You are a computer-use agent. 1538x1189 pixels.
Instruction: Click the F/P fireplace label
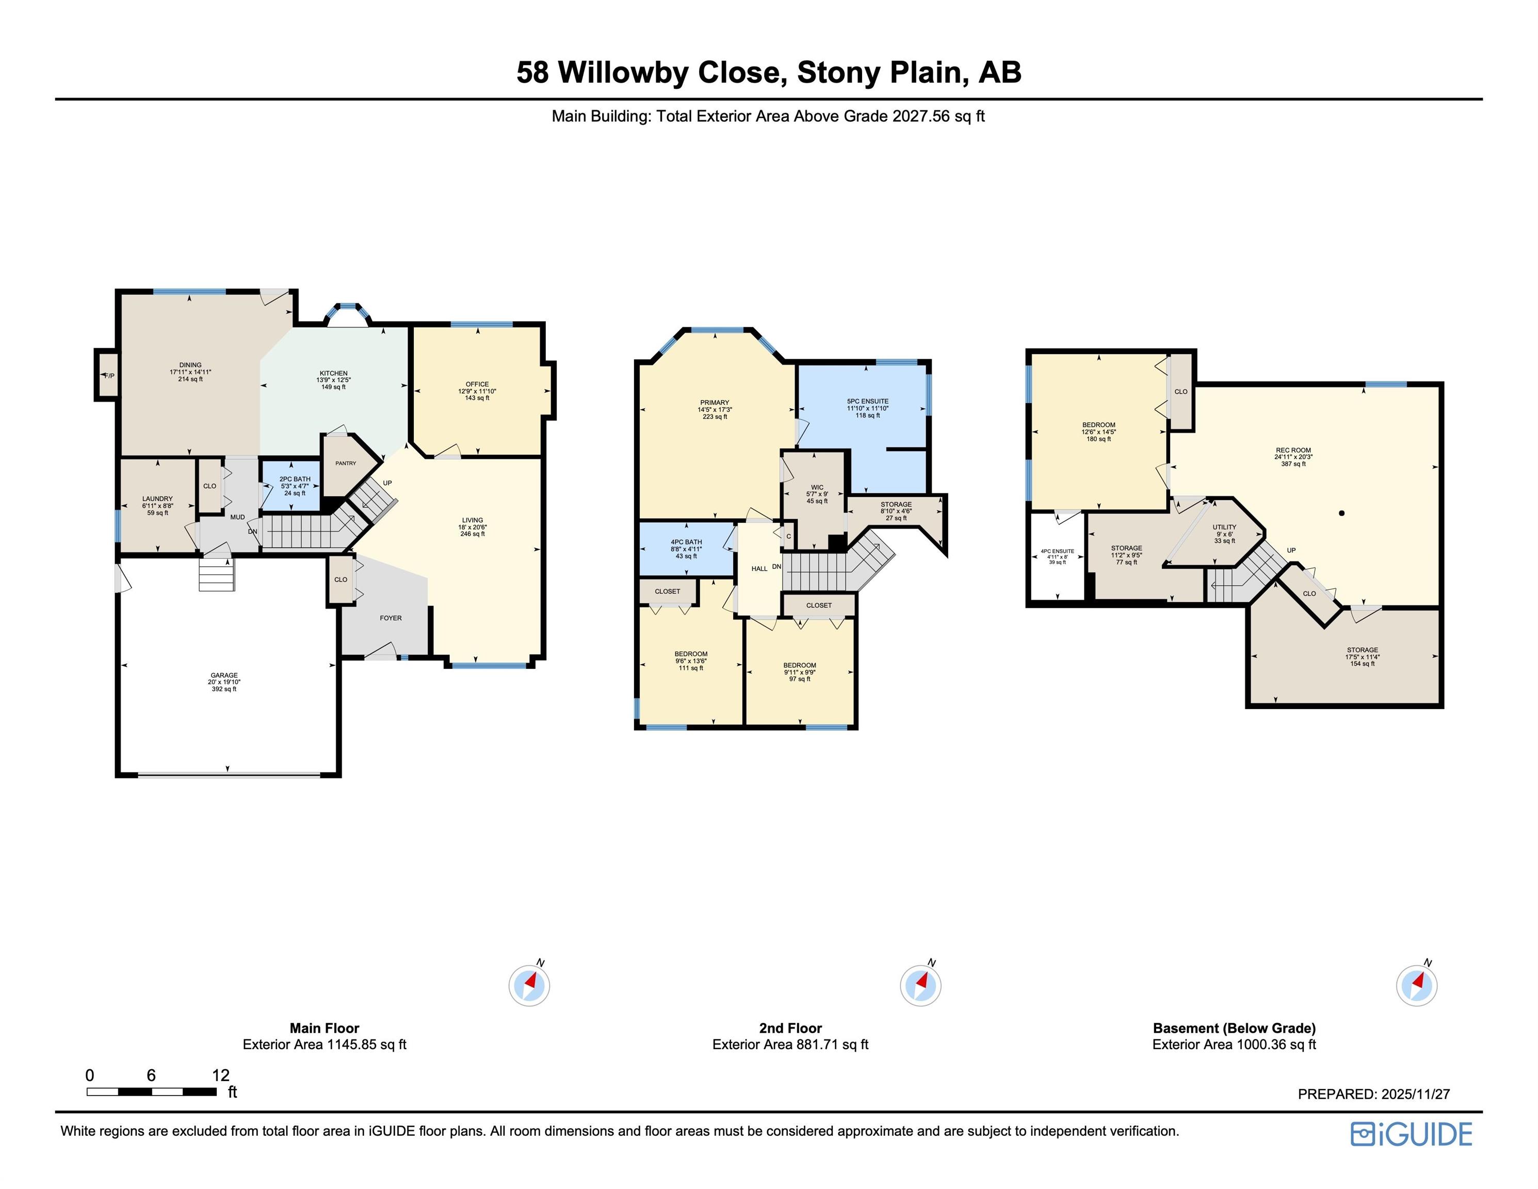click(x=109, y=376)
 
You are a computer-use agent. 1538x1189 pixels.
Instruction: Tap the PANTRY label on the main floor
click(x=346, y=463)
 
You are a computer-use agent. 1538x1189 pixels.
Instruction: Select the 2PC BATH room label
click(x=295, y=479)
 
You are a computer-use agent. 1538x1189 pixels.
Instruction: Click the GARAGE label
click(x=224, y=675)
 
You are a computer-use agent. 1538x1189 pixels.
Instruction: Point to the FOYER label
click(x=391, y=618)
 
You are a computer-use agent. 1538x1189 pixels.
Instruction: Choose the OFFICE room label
click(x=477, y=384)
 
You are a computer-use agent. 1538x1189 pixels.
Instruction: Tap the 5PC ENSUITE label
click(x=868, y=401)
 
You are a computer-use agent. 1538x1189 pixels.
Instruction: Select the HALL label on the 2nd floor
click(x=759, y=568)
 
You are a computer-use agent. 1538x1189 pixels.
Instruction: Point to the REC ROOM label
click(x=1293, y=450)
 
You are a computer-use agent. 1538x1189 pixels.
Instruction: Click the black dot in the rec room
click(x=1341, y=513)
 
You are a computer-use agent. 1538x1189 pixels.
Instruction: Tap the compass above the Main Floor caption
click(x=529, y=984)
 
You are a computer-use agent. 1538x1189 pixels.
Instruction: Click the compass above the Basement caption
click(x=1417, y=984)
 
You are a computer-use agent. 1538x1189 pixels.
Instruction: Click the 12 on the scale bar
click(x=220, y=1075)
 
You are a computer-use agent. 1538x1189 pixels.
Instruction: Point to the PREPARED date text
click(x=1374, y=1094)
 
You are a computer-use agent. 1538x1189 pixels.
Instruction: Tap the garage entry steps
click(x=216, y=574)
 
